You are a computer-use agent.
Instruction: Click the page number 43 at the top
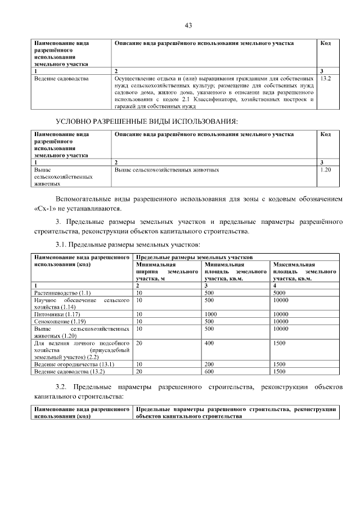click(188, 25)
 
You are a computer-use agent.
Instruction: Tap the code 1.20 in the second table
click(325, 169)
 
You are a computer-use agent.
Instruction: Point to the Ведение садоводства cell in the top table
click(61, 79)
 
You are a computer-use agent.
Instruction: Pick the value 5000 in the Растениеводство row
click(280, 294)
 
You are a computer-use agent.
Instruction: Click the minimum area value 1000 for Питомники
click(211, 315)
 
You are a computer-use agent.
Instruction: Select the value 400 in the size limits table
click(209, 343)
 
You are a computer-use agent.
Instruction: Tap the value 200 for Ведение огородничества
click(209, 364)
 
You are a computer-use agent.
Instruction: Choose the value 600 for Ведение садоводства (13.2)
click(209, 372)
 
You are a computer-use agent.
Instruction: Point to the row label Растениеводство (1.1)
click(62, 294)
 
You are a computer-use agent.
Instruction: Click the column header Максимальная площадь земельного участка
click(304, 271)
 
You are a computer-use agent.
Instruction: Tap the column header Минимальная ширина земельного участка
click(167, 271)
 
